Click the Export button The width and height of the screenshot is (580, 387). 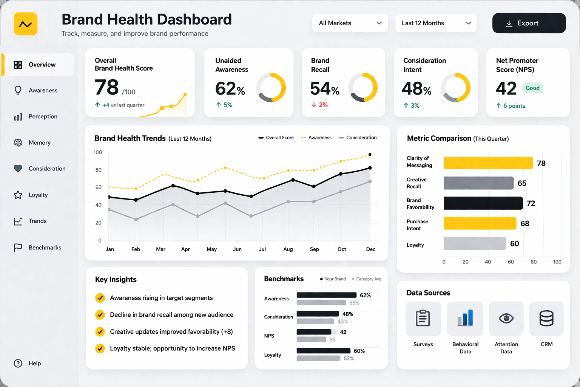529,23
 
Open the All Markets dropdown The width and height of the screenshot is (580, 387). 350,23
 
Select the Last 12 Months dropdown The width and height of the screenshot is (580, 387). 436,23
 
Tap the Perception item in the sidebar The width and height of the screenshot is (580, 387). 43,116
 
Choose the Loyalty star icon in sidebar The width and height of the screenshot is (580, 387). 18,195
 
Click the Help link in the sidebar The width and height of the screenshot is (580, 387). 34,363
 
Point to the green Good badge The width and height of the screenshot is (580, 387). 532,88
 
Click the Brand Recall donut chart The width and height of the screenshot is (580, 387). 363,88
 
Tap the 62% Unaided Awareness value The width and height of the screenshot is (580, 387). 230,89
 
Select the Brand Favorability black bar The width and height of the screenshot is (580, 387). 483,203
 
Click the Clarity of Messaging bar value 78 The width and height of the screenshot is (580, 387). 541,163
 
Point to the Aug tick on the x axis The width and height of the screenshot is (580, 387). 288,249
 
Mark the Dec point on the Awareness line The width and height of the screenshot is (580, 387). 370,155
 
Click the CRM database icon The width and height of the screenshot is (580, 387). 546,319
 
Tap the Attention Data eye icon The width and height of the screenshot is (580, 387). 506,319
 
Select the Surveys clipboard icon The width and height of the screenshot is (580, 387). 423,319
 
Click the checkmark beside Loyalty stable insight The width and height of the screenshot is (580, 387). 100,348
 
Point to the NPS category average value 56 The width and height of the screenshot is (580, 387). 332,340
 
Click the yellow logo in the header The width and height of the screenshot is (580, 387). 26,24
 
